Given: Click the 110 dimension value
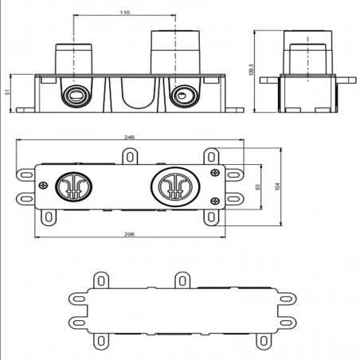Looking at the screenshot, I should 124,14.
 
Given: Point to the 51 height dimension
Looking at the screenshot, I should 9,92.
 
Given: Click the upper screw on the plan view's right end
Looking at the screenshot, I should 213,172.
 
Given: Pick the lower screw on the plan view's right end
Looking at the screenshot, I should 213,198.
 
